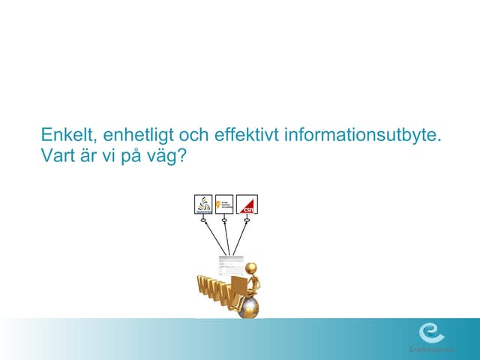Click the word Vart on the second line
pyautogui.click(x=56, y=159)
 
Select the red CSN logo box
pyautogui.click(x=246, y=204)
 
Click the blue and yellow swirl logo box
pyautogui.click(x=203, y=204)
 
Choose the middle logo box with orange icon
pyautogui.click(x=224, y=204)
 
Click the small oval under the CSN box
pyautogui.click(x=246, y=220)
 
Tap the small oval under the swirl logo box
pyautogui.click(x=203, y=220)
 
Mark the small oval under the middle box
pyautogui.click(x=224, y=220)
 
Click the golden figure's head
pyautogui.click(x=253, y=268)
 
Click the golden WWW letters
pyautogui.click(x=214, y=295)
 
